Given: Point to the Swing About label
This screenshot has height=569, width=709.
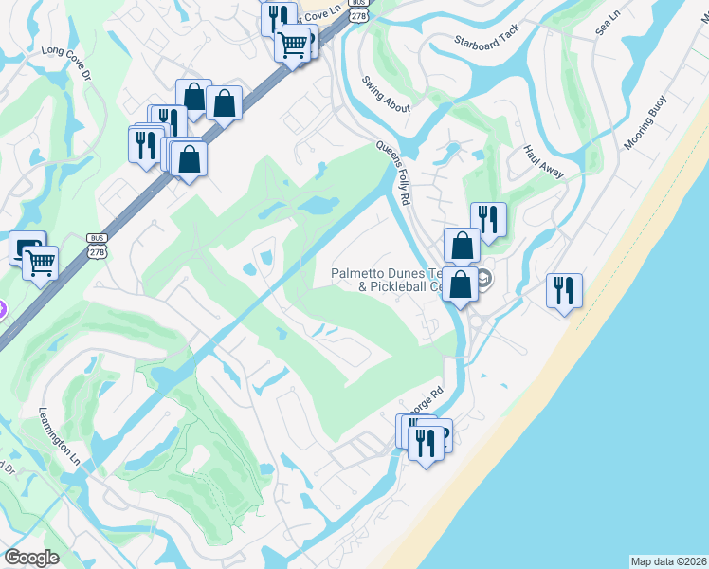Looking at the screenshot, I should (386, 94).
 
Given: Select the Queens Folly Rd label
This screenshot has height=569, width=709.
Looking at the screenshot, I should (392, 174).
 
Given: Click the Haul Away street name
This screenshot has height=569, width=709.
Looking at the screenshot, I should (544, 161).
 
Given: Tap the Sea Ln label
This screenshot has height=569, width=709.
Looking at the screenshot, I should (606, 27).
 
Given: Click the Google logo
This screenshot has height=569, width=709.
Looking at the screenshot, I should (32, 558).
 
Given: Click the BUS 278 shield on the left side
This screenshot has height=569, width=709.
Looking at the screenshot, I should (97, 244).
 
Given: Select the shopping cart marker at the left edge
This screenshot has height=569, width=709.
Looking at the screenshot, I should (40, 263).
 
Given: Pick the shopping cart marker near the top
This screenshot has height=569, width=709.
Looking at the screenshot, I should (293, 43).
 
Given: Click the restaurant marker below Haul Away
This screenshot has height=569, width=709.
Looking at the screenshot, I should (487, 218).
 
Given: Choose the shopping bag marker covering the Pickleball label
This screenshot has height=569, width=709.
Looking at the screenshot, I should (460, 284).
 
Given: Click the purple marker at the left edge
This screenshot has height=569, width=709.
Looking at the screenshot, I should (2, 310).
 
